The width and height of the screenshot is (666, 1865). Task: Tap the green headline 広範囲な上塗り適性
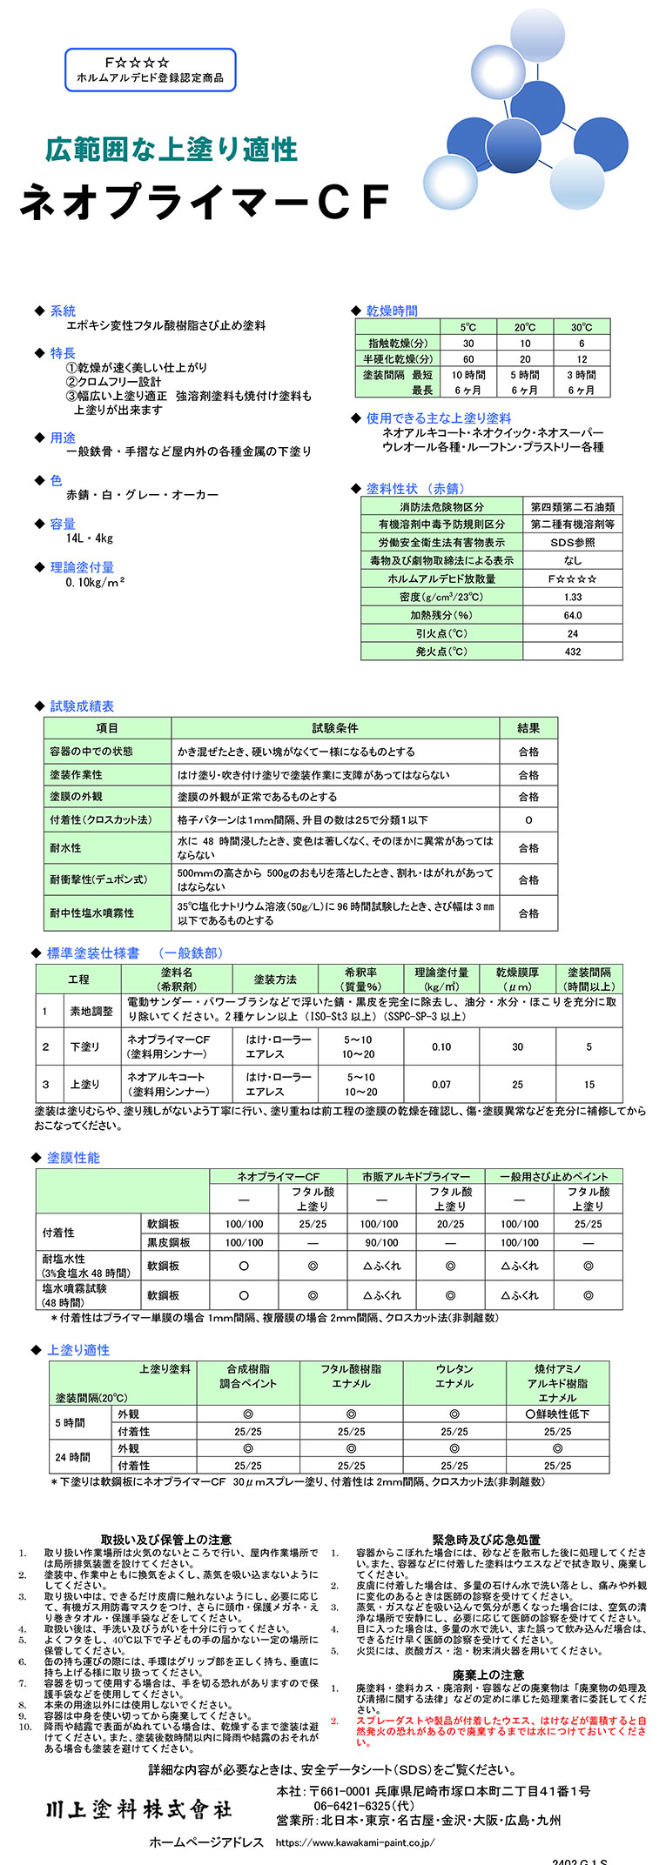[171, 149]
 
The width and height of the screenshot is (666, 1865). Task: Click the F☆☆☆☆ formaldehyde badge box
[150, 70]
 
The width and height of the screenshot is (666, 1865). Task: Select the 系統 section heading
[62, 311]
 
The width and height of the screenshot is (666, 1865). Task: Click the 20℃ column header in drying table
[525, 327]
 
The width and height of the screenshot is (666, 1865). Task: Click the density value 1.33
[572, 597]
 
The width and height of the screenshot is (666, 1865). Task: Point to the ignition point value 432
[572, 652]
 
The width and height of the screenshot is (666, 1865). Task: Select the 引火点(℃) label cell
[441, 633]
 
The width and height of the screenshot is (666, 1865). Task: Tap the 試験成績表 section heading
[82, 706]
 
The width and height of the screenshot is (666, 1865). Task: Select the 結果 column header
[528, 728]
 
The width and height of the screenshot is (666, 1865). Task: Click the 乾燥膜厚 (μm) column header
[517, 979]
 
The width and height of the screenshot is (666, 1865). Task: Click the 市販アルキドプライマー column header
[415, 1176]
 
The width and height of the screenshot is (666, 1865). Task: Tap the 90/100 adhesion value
[380, 1243]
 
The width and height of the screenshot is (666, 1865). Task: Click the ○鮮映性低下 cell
[557, 1414]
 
